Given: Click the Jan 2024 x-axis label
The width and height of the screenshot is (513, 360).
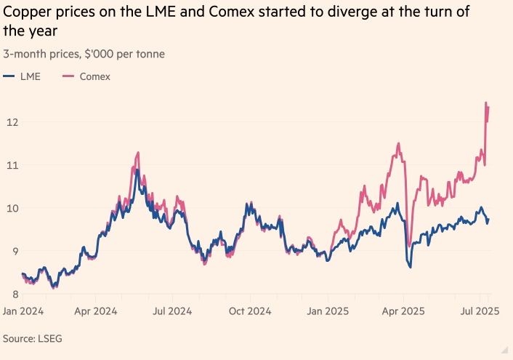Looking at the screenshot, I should click(x=23, y=311).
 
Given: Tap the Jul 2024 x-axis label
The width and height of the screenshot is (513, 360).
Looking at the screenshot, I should click(x=173, y=311).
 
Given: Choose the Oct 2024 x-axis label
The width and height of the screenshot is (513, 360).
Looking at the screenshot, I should click(x=250, y=311).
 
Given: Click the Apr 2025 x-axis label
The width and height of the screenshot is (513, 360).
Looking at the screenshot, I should click(x=403, y=311).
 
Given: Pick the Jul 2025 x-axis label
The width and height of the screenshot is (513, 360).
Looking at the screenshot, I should click(x=478, y=311).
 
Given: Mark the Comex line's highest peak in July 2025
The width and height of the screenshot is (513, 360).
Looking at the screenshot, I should click(x=485, y=103).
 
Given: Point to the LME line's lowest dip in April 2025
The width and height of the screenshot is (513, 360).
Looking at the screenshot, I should click(x=411, y=268).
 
